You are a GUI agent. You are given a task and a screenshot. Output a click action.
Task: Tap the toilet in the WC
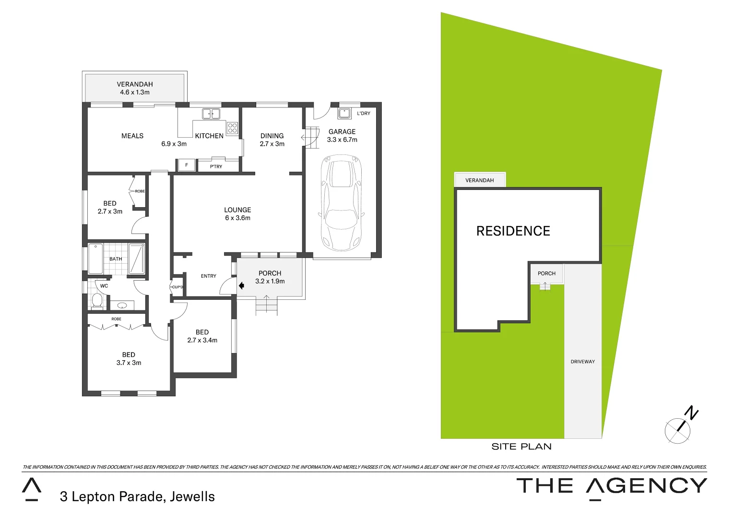pos(97,301)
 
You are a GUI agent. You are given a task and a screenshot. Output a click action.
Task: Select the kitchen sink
pos(211,114)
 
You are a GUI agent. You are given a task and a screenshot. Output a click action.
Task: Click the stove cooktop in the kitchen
pos(232,128)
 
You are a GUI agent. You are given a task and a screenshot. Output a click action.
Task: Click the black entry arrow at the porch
pos(241,285)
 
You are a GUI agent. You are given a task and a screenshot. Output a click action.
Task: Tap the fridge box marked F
pos(187,165)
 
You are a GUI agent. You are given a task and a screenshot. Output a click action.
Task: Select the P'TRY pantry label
pos(216,166)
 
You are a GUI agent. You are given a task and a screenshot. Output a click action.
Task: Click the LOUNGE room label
pos(237,210)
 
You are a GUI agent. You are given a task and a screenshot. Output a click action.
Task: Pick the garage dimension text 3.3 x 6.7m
pos(342,140)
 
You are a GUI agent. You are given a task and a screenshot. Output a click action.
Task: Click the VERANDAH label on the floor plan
pos(135,84)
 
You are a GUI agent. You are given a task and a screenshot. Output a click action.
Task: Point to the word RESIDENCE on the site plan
pos(513,231)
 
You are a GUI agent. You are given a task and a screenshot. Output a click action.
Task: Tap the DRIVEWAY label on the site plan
pos(582,362)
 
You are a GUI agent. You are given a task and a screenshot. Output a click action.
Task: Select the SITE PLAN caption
pos(521,447)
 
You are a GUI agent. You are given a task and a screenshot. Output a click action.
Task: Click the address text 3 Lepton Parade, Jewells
pos(137,496)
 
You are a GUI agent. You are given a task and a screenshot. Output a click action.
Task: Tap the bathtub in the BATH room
pos(95,259)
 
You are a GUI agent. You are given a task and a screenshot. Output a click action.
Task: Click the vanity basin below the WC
pos(122,305)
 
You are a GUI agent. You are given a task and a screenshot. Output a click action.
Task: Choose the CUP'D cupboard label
pos(177,287)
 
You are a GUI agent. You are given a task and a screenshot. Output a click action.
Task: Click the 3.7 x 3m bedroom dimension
pos(129,363)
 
